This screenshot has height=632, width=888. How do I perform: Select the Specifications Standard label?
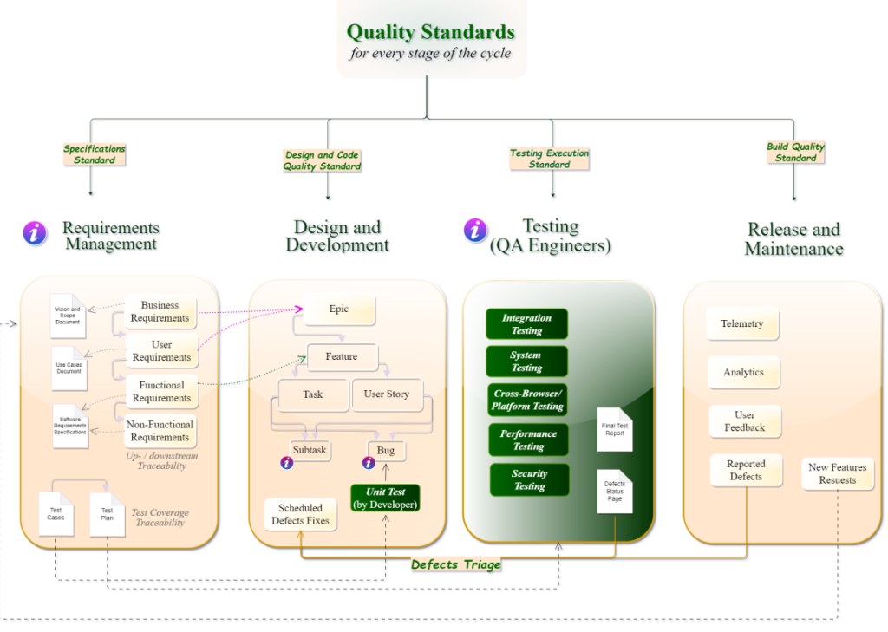tap(95, 154)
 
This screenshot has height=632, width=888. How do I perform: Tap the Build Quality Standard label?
tap(795, 153)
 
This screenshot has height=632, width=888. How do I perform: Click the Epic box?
tap(339, 309)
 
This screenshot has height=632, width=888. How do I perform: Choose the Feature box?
tap(343, 356)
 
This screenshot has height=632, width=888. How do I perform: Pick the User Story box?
tap(387, 394)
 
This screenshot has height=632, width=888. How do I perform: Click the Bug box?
tap(386, 451)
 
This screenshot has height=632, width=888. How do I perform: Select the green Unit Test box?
tap(385, 498)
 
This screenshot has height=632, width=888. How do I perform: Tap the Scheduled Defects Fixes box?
tap(300, 514)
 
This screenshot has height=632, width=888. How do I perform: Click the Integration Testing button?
tap(526, 324)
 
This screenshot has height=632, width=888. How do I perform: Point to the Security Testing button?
tap(529, 479)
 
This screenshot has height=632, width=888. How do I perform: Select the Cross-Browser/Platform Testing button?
tap(527, 400)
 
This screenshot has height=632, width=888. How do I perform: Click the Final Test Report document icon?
tap(615, 429)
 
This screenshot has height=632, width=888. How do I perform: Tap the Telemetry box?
tap(742, 324)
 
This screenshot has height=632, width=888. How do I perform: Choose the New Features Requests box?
tap(837, 473)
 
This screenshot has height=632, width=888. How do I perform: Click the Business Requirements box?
tap(160, 312)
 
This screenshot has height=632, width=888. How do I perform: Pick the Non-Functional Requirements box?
tap(160, 431)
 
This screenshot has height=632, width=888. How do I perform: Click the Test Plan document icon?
tap(108, 514)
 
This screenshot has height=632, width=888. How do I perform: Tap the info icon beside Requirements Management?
tap(35, 232)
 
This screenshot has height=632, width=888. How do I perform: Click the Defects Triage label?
tap(455, 564)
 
